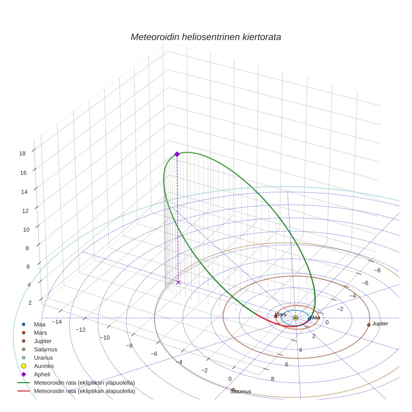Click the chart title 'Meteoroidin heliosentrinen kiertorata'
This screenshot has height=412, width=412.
206,37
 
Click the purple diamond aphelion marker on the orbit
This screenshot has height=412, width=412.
177,154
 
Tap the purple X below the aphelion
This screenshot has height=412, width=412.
178,283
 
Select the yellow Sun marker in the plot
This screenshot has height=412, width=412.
296,318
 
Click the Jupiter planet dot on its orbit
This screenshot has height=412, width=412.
368,325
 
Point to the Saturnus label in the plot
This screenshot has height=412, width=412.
240,392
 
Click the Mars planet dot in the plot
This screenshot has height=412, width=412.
276,316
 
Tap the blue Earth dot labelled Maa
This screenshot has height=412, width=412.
309,319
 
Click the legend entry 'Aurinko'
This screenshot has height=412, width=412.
44,366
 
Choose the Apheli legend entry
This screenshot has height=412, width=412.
42,374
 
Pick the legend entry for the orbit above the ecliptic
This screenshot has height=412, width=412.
84,383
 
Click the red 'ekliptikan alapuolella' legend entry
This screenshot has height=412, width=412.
84,391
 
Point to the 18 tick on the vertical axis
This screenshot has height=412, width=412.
23,153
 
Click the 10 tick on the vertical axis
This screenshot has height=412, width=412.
25,229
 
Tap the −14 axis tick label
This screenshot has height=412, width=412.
57,322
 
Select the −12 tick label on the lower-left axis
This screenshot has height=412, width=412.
80,330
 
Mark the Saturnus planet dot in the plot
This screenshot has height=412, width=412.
233,389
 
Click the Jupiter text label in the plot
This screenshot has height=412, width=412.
380,324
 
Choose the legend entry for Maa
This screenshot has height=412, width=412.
40,324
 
